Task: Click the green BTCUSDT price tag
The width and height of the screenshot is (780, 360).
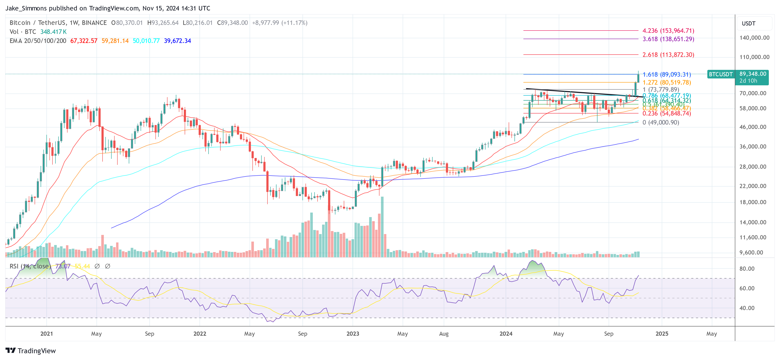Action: tap(721, 74)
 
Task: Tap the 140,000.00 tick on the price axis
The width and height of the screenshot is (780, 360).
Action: tap(754, 38)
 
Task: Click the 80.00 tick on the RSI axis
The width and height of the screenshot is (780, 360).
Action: tap(747, 269)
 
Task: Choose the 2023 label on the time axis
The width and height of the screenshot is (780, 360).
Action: tap(353, 334)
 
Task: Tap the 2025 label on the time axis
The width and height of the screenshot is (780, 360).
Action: tap(662, 334)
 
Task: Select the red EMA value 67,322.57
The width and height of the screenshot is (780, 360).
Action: tap(84, 41)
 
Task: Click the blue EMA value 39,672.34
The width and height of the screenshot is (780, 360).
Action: tap(177, 41)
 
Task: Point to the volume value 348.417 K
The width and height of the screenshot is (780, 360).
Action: tap(54, 32)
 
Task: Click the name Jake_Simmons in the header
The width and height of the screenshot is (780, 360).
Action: tap(26, 8)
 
